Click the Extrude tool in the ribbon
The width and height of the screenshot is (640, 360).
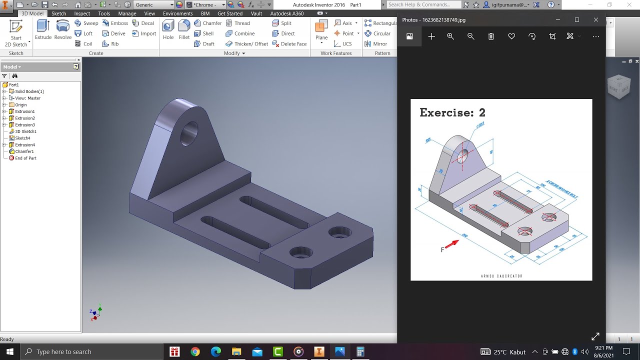43,29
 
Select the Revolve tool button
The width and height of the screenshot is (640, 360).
63,29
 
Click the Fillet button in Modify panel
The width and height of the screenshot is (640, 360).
184,29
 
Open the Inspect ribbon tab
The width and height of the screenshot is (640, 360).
82,13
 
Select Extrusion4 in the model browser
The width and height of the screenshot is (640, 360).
24,145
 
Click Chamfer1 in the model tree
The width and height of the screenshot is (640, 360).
24,151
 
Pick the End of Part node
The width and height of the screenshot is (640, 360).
25,158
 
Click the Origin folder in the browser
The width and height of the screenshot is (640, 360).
20,105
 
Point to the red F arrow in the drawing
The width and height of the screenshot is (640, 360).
451,243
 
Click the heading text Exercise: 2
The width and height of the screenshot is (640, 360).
452,112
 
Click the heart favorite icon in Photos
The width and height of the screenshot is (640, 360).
511,36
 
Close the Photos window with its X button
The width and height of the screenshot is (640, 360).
595,19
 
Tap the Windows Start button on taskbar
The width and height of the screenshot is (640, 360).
10,351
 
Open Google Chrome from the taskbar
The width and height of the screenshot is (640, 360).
195,351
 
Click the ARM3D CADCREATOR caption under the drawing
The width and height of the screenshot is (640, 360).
501,275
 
